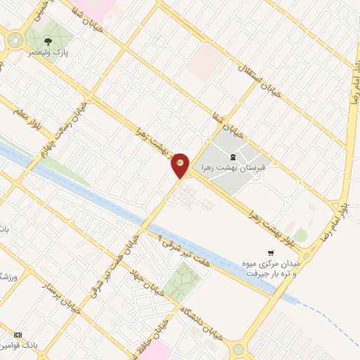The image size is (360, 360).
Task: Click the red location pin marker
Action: [x=181, y=165]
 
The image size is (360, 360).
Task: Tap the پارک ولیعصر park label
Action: [x=48, y=53]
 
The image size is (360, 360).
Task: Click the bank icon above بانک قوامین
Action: [x=18, y=334]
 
